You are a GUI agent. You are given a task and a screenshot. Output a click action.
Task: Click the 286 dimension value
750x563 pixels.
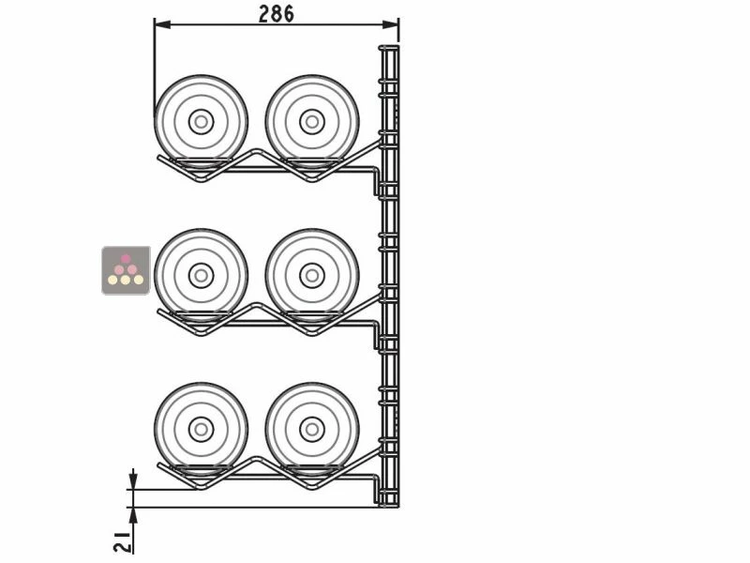[x=276, y=13]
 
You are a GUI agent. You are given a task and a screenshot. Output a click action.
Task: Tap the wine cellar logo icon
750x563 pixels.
[x=126, y=270]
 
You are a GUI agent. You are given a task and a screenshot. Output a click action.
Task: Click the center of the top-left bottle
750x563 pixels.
[x=201, y=122]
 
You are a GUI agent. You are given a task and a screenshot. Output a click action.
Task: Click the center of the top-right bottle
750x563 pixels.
[x=312, y=122]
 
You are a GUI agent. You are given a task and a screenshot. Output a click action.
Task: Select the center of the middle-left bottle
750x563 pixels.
[x=201, y=275]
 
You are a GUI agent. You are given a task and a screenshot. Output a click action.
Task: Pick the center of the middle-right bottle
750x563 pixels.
[x=312, y=275]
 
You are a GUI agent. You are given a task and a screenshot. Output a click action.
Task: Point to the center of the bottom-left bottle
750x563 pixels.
[x=201, y=429]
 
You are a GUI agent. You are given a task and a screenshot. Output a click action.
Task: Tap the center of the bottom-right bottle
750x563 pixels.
[x=312, y=429]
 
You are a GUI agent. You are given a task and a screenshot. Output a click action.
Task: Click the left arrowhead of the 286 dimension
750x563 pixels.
[x=158, y=24]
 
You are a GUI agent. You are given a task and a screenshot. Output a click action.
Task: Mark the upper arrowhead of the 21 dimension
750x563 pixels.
[x=133, y=484]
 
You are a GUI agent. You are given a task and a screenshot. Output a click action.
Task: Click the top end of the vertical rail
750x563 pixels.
[x=388, y=47]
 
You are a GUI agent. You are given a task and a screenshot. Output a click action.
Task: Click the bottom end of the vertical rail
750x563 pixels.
[x=388, y=505]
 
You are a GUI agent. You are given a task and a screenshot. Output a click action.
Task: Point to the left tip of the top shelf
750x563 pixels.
[x=158, y=159]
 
